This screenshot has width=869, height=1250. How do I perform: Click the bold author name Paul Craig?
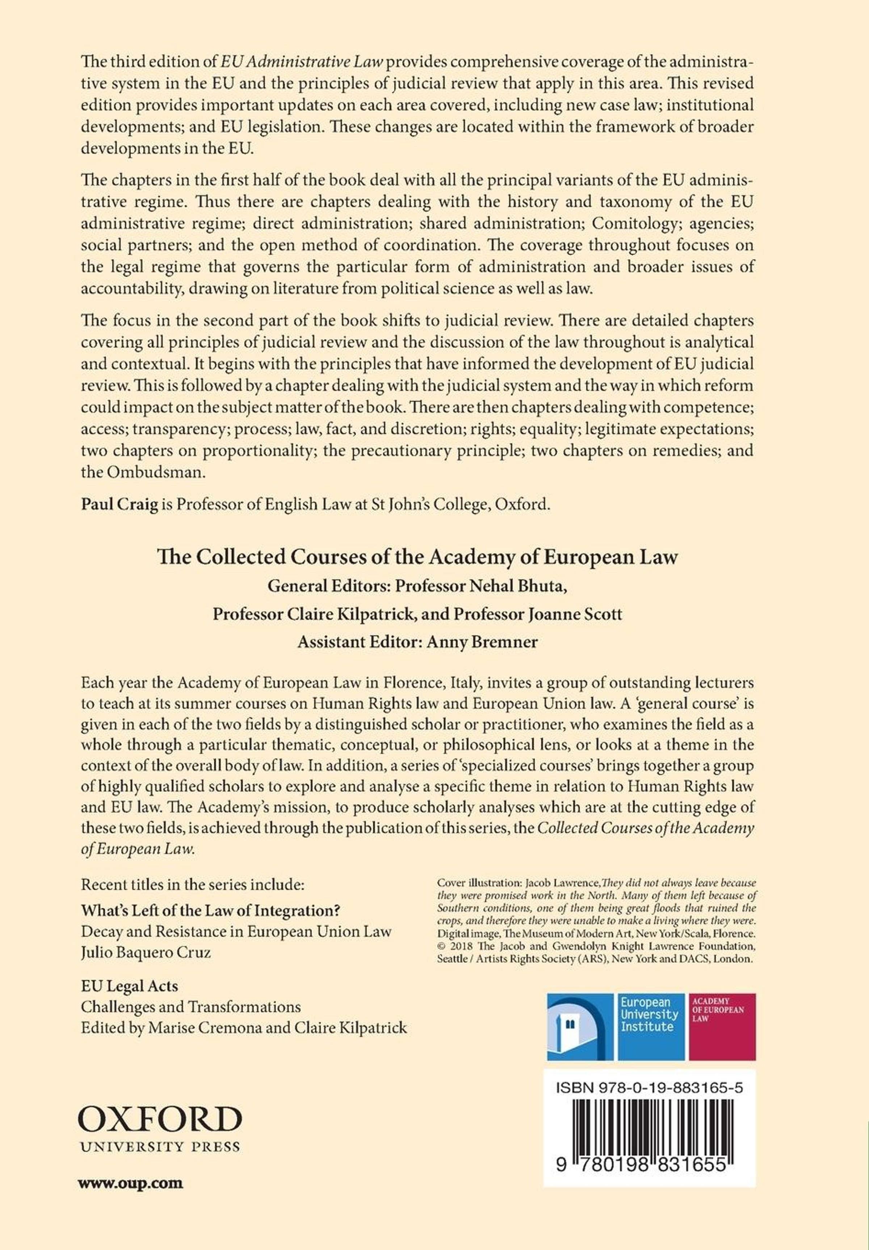coord(119,504)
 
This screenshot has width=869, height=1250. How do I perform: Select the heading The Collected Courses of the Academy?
coord(417,557)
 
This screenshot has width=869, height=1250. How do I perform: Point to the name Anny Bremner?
coord(482,642)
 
